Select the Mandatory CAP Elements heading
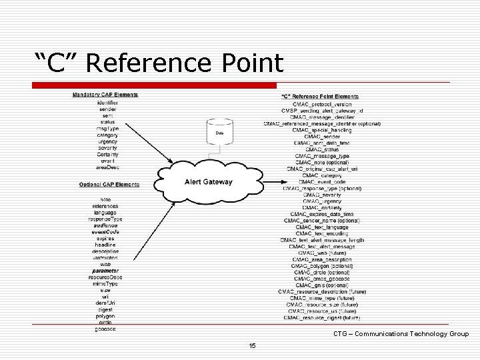[105, 95]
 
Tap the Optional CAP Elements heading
[109, 184]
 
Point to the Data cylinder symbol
[219, 133]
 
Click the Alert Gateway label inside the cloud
[209, 182]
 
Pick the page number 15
[252, 345]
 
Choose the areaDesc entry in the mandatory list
[107, 167]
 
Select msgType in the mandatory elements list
[107, 128]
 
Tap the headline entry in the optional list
[105, 245]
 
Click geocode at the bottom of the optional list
[105, 329]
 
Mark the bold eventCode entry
[105, 231]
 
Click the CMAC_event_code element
[322, 181]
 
